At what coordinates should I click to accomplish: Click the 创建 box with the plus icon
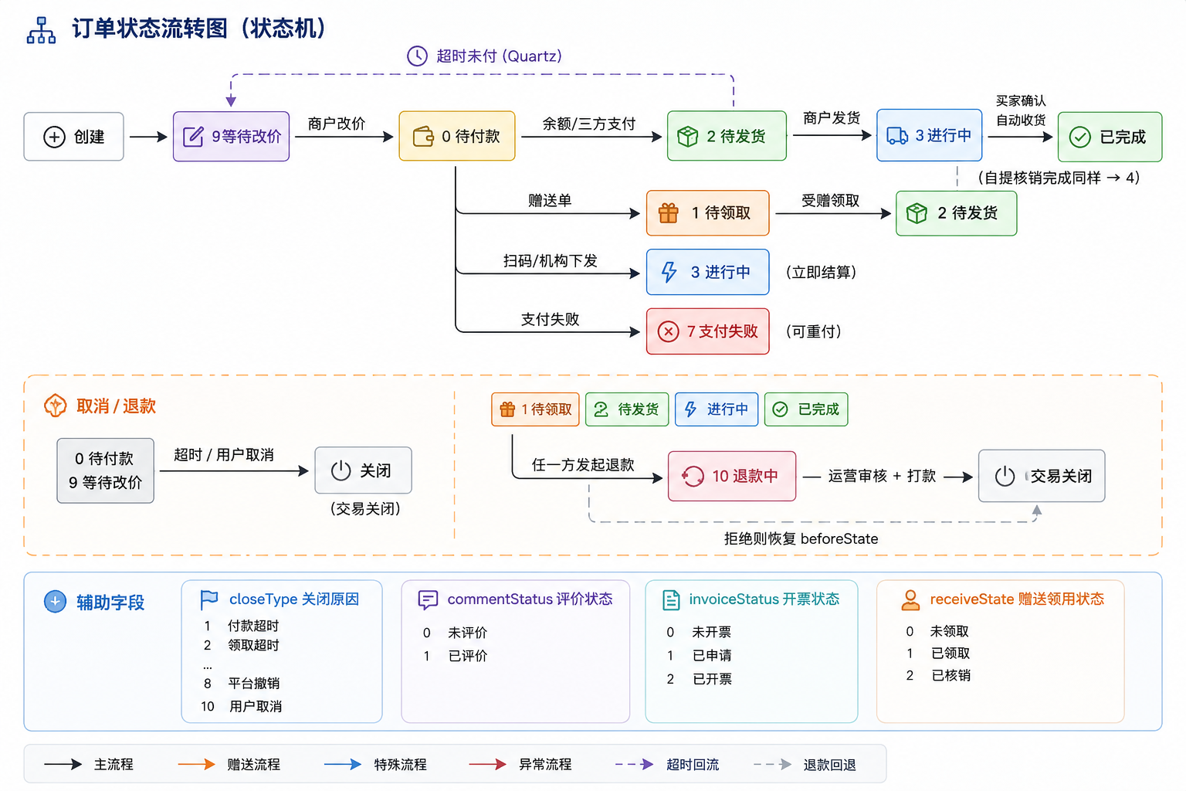(x=73, y=137)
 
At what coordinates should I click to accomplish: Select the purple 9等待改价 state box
(x=232, y=136)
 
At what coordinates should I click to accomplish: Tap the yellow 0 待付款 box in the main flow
(x=457, y=136)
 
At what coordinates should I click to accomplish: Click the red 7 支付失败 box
(x=708, y=331)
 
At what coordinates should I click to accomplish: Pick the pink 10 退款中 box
(x=732, y=476)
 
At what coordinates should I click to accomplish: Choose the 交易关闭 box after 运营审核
(x=1042, y=476)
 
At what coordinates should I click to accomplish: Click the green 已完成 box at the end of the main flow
(x=1110, y=137)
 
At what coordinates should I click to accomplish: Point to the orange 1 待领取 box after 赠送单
(x=708, y=213)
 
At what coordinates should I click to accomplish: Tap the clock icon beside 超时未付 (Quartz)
(x=417, y=56)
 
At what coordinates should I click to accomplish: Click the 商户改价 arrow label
(x=337, y=124)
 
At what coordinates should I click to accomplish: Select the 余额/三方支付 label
(x=589, y=124)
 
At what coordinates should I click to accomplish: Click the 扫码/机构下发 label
(x=550, y=260)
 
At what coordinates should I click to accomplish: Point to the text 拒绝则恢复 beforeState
(x=801, y=539)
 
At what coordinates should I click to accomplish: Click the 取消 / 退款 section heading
(x=116, y=406)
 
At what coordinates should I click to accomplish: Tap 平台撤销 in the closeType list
(x=253, y=684)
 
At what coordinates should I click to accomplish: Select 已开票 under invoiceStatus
(x=712, y=679)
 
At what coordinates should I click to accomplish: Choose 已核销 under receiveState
(x=951, y=675)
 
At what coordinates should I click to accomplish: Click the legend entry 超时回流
(x=693, y=765)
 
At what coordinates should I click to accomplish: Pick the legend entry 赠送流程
(x=253, y=765)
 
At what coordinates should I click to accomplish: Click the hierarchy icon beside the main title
(x=41, y=30)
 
